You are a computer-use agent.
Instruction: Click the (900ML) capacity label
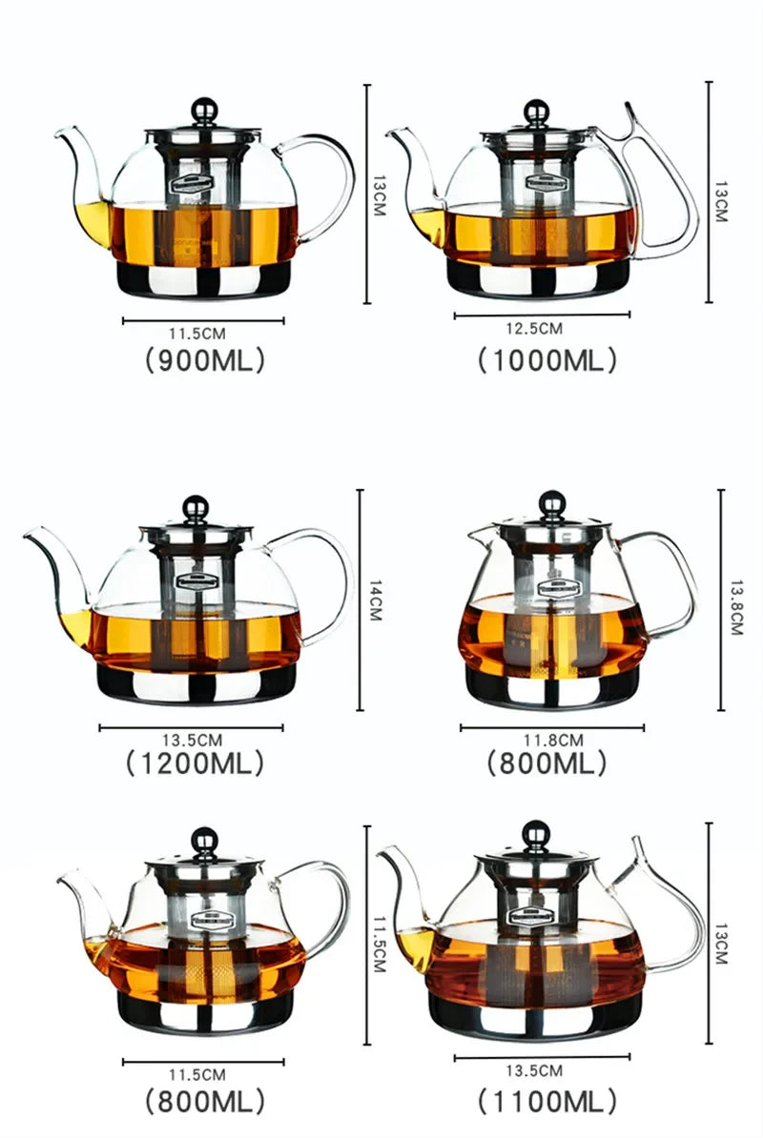point(203,360)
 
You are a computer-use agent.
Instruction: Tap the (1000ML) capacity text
point(546,360)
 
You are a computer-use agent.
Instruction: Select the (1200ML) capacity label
point(194,762)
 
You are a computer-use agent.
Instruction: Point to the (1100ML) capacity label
point(546,1102)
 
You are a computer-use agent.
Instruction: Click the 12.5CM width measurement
point(534,329)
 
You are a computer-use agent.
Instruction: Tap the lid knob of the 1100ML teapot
point(531,837)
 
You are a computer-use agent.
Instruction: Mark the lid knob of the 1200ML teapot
point(196,505)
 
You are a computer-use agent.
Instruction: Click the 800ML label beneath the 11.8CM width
point(546,762)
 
